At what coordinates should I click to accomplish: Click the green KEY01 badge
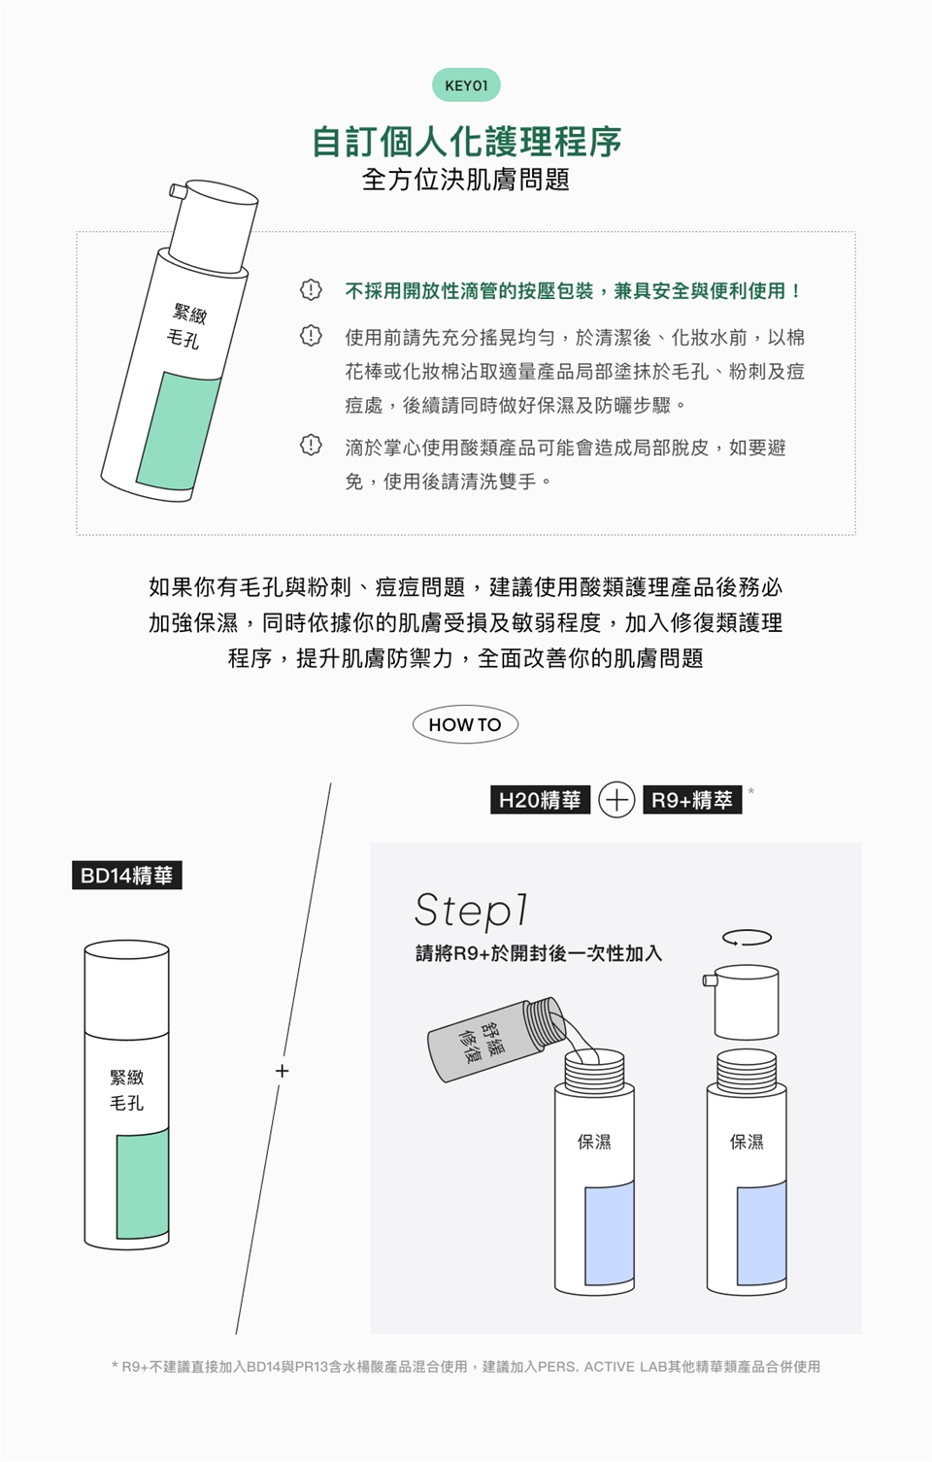pos(466,84)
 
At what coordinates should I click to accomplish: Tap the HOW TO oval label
pos(465,724)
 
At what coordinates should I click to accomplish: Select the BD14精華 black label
pos(126,876)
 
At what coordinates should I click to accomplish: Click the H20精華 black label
pos(540,800)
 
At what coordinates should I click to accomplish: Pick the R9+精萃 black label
pos(692,800)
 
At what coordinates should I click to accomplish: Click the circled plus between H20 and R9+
pos(616,800)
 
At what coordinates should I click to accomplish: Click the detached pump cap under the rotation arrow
pos(743,1002)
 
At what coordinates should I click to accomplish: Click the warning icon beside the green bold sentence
pos(311,290)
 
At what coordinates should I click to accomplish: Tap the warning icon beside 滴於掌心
pos(311,446)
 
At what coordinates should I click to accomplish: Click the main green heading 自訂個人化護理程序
pos(466,142)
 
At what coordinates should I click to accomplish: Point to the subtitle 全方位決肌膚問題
pos(466,180)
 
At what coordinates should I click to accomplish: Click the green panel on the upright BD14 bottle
pos(143,1184)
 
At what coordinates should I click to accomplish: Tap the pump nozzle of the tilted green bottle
pos(178,191)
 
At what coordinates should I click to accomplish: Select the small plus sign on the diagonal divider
pos(282,1071)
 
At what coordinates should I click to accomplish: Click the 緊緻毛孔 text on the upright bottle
pos(126,1090)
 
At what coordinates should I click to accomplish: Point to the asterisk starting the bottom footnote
pos(116,1365)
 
